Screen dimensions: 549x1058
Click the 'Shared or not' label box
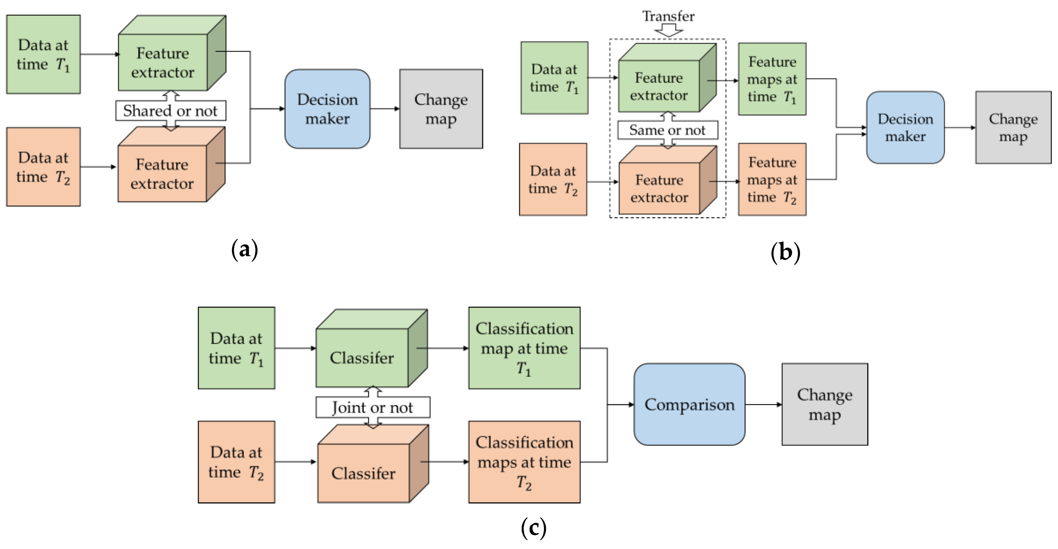point(170,111)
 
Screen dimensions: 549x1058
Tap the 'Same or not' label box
point(668,130)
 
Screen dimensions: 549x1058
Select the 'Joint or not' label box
point(372,407)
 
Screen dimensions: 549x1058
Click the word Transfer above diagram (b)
point(668,17)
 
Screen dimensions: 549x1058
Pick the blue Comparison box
point(689,404)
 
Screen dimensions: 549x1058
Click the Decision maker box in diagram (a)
point(327,109)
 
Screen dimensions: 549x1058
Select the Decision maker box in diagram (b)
point(905,127)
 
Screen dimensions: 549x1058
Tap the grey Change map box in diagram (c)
point(824,404)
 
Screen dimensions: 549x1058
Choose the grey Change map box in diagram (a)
point(441,109)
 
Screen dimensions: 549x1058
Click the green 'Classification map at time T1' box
point(524,348)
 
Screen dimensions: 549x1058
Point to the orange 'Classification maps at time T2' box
point(524,462)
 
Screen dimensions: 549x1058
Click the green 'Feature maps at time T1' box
point(772,79)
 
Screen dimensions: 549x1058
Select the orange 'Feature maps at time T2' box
point(772,180)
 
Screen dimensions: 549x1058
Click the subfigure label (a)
point(244,249)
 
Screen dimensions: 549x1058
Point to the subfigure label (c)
point(533,528)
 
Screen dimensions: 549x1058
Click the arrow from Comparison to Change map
point(763,405)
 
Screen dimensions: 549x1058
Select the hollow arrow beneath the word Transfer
point(669,30)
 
